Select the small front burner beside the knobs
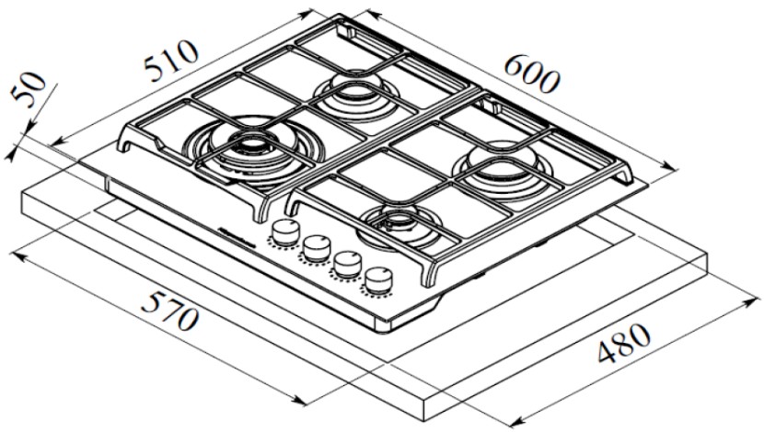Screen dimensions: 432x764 point(402,222)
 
